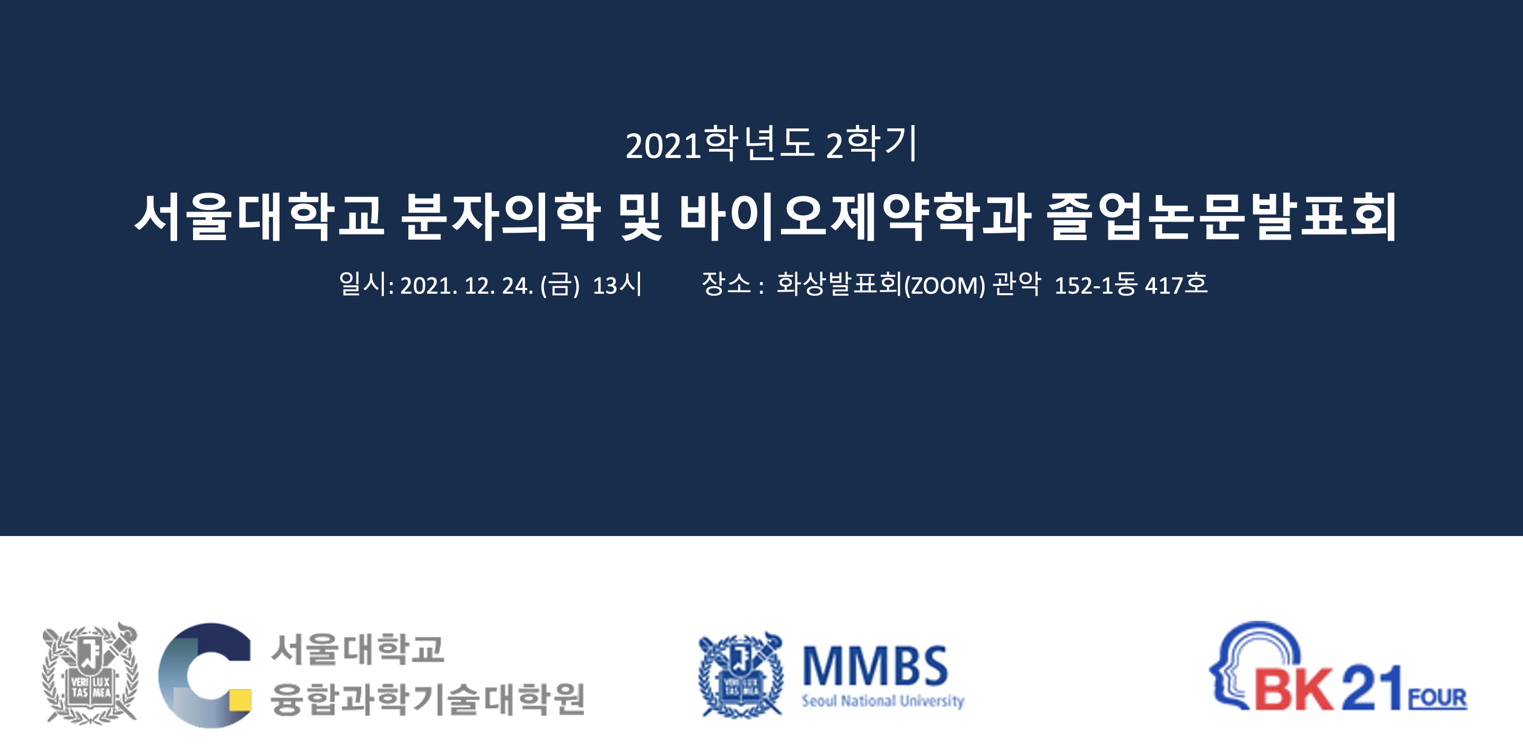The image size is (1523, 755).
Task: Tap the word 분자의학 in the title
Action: [x=501, y=217]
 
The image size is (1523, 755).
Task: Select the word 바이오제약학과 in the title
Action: [x=855, y=217]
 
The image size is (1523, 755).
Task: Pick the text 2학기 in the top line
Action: [x=871, y=143]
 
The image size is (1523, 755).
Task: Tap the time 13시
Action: [x=617, y=284]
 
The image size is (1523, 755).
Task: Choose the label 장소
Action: [x=726, y=284]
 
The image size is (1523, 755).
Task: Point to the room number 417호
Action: [x=1176, y=284]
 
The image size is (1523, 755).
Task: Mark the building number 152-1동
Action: [x=1096, y=284]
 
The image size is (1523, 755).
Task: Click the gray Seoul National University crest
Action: [x=90, y=673]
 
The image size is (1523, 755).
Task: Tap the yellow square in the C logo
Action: [x=240, y=700]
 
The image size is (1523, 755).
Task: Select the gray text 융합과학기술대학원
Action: [x=427, y=699]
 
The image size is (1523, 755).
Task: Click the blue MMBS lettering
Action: [x=875, y=666]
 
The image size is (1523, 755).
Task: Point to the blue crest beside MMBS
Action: [x=741, y=674]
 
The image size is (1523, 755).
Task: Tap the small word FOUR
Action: [x=1438, y=698]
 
